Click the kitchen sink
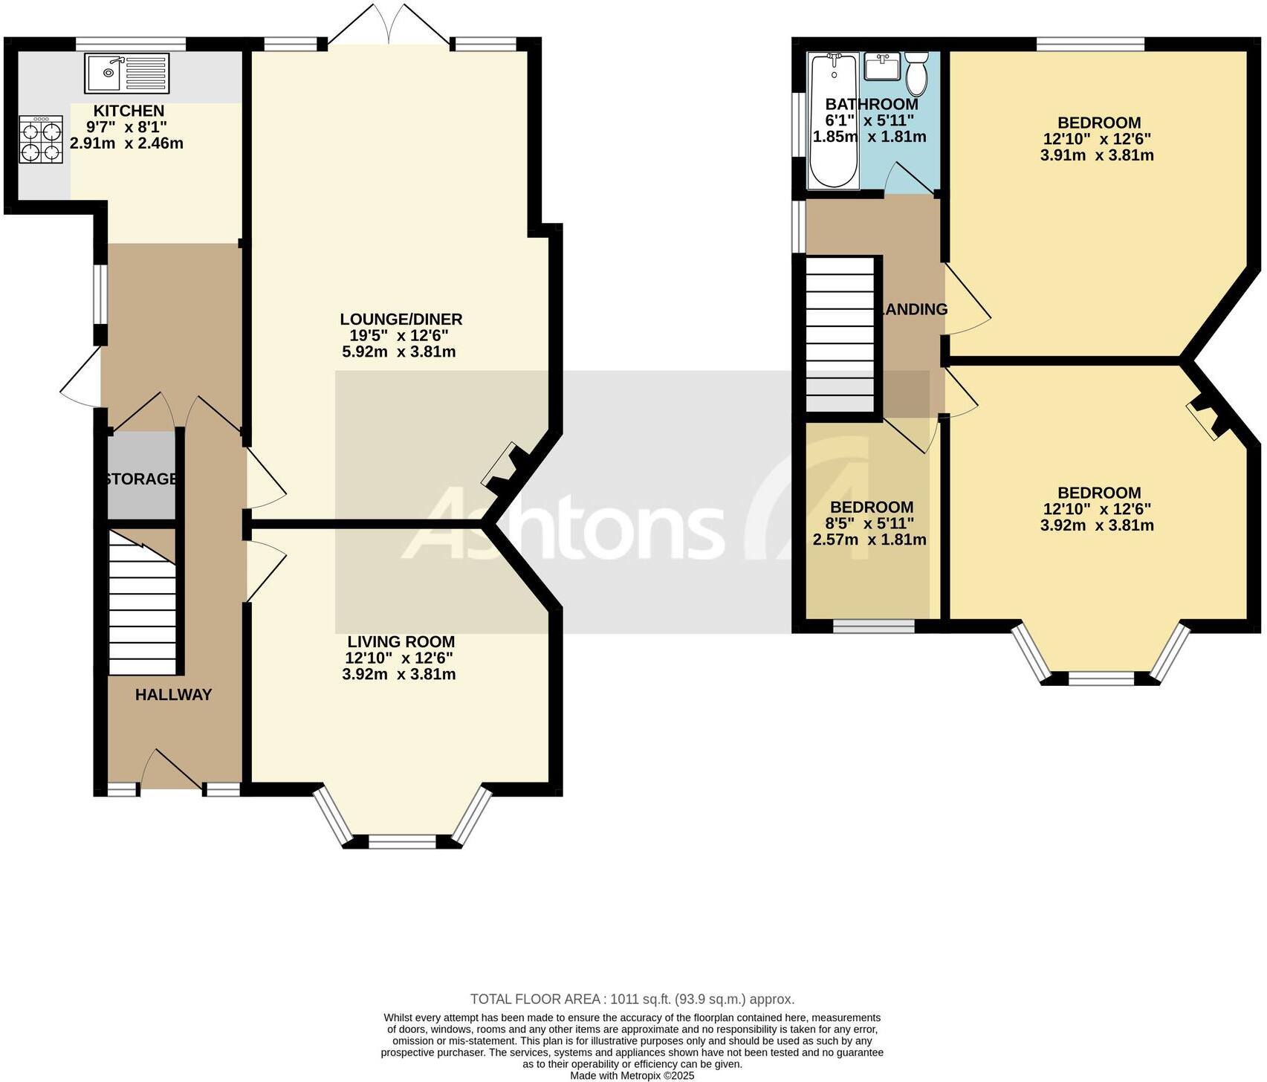click(126, 73)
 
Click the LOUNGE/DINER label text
click(401, 320)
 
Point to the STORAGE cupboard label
click(141, 479)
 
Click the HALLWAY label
click(173, 695)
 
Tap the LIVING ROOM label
click(401, 642)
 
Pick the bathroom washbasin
click(882, 67)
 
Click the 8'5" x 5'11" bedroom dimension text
click(869, 523)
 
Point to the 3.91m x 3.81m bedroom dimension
click(1097, 155)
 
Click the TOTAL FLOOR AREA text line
click(632, 999)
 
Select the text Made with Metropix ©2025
click(632, 1075)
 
